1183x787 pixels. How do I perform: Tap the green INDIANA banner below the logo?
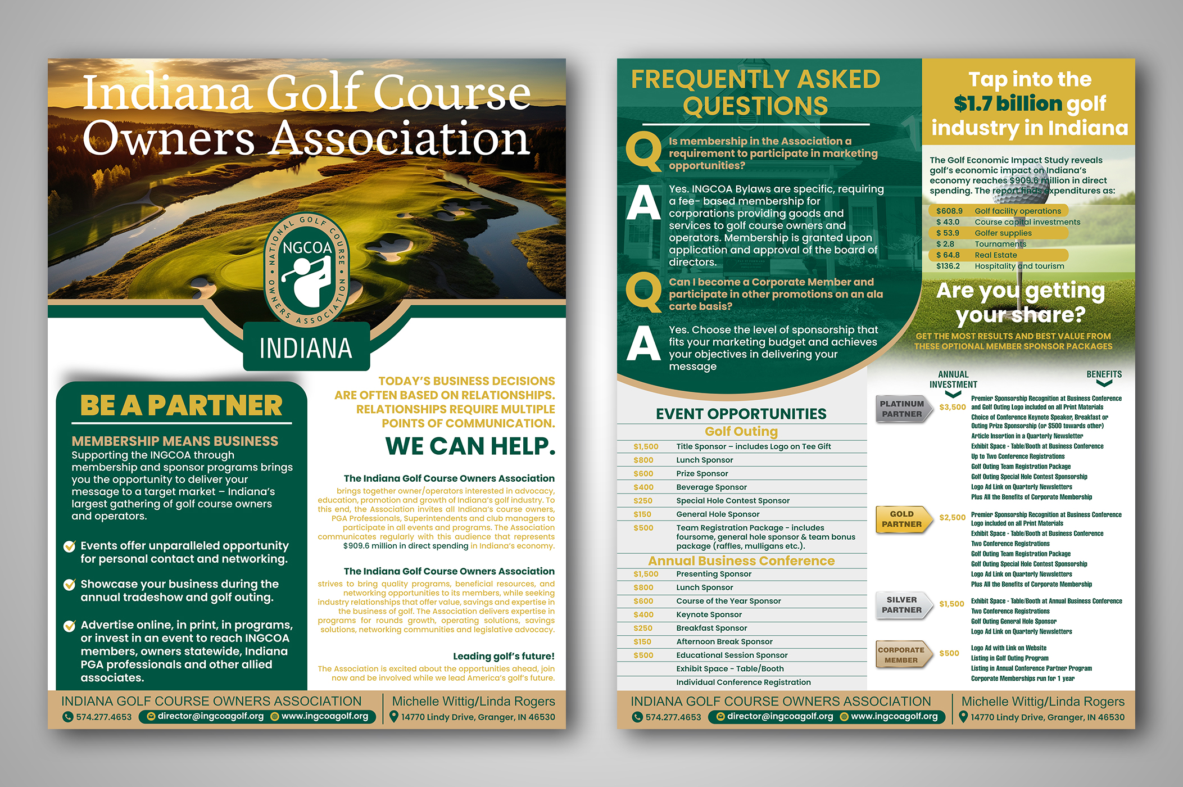point(306,348)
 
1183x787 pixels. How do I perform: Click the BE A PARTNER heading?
point(181,406)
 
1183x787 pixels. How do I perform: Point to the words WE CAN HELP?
point(470,446)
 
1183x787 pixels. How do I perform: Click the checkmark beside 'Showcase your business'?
point(70,585)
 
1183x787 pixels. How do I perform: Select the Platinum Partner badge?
point(901,409)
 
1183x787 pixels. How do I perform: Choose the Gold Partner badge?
point(901,519)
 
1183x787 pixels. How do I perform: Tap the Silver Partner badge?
point(901,605)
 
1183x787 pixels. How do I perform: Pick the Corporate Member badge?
point(901,655)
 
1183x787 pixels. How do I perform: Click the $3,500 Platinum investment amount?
point(953,408)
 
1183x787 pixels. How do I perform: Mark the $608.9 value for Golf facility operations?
point(949,211)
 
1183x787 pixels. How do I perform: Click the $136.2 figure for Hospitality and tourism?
point(948,266)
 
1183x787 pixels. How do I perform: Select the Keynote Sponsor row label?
point(709,615)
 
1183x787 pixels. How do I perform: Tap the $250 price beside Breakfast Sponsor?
point(643,628)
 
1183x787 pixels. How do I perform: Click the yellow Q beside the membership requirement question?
point(644,151)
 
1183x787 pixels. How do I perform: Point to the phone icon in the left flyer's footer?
point(68,717)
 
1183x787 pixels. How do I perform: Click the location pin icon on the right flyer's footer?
point(964,717)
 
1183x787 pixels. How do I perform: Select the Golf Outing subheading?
point(741,432)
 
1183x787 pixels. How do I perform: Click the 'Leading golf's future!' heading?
point(504,657)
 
